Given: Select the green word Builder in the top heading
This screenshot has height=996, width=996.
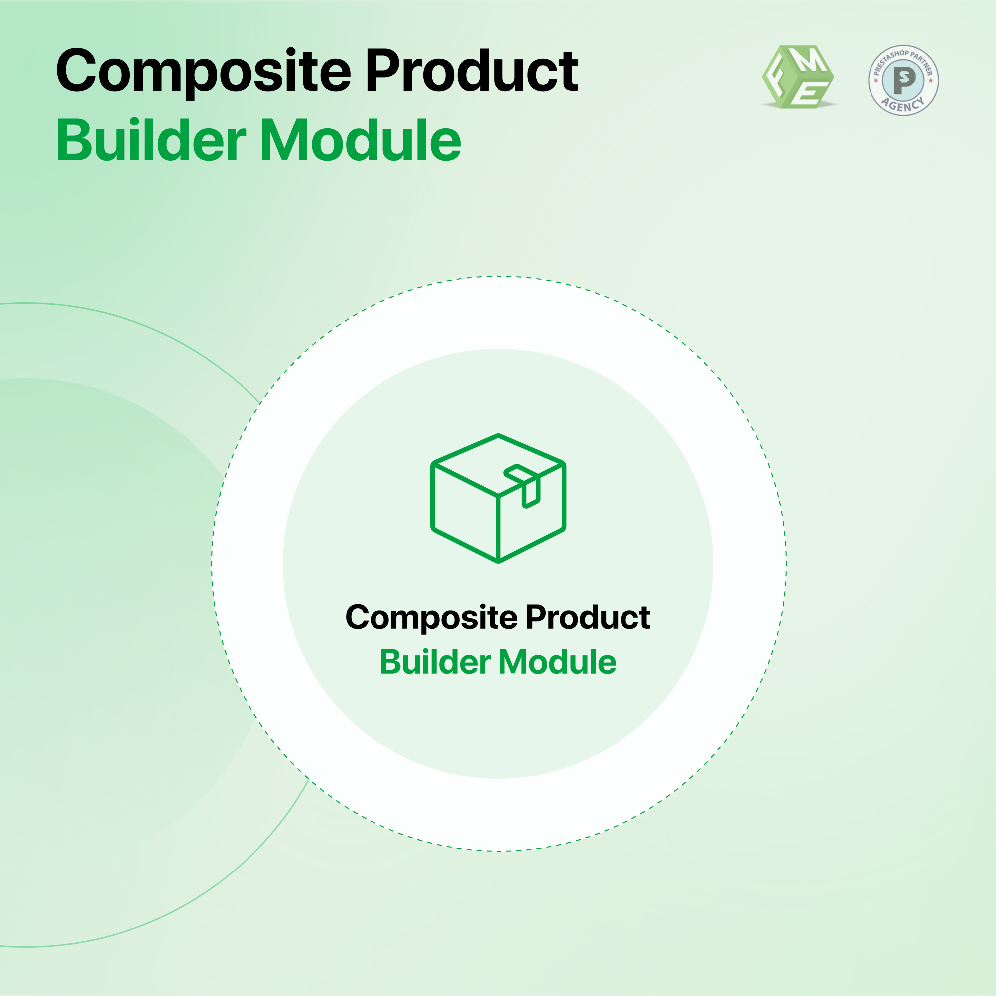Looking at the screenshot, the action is tap(151, 140).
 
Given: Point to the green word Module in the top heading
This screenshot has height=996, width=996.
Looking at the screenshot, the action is tap(361, 140).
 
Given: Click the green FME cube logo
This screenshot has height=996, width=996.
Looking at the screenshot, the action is tap(799, 77).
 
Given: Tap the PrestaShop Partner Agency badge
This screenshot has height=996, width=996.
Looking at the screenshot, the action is tap(903, 80).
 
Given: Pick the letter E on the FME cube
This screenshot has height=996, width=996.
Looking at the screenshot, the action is tap(810, 93).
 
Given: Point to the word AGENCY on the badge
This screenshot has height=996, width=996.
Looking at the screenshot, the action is tap(903, 105).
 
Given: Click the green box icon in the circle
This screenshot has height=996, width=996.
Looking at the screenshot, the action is tap(498, 498).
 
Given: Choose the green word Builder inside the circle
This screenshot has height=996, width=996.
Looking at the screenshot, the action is tap(435, 662).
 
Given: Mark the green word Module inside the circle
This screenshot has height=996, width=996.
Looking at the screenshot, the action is tap(557, 662).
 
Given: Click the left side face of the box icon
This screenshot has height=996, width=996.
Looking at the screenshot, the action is tap(466, 512).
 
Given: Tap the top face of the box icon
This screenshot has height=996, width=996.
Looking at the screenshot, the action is tap(498, 465).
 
